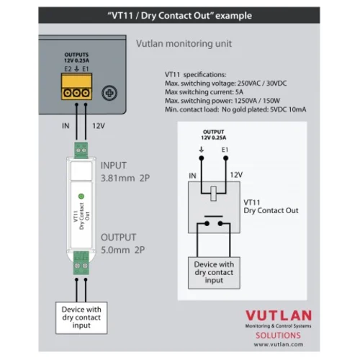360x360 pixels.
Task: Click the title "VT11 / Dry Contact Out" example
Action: click(179, 14)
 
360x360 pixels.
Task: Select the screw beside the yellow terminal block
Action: click(110, 93)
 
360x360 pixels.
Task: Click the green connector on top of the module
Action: click(80, 152)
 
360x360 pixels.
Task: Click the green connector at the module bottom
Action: click(80, 265)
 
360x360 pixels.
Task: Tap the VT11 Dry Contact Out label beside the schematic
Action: click(271, 207)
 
